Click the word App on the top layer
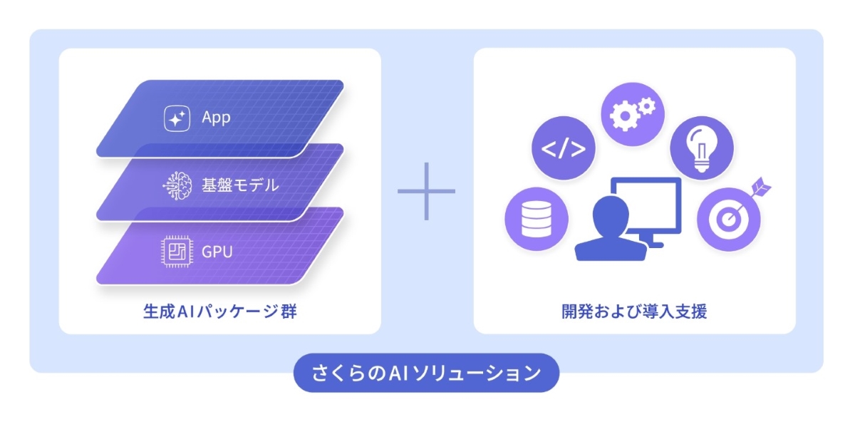coord(216,118)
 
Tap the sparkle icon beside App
coord(176,118)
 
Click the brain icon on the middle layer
coord(176,185)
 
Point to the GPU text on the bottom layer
coord(217,251)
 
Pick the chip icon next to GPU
coord(176,252)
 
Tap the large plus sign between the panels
coord(426,191)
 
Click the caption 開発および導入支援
coord(633,312)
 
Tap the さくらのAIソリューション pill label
coord(426,373)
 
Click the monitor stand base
coord(653,243)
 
